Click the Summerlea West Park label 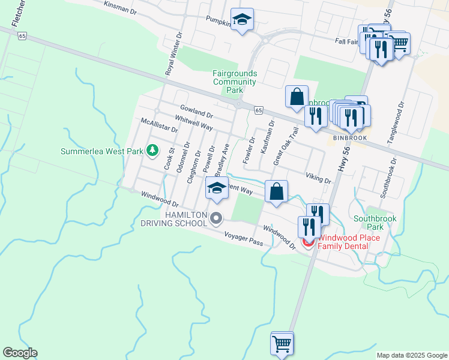[x=101, y=151]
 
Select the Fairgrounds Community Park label [x=235, y=82]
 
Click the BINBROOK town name [x=350, y=137]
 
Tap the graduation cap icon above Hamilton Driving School [x=217, y=188]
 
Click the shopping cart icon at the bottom [x=282, y=344]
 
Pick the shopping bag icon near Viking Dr [x=276, y=191]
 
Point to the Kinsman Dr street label [x=121, y=7]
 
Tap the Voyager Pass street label [x=243, y=238]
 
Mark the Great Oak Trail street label [x=286, y=146]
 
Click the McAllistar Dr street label [x=159, y=125]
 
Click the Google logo [x=20, y=353]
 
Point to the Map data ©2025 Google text [x=411, y=355]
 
